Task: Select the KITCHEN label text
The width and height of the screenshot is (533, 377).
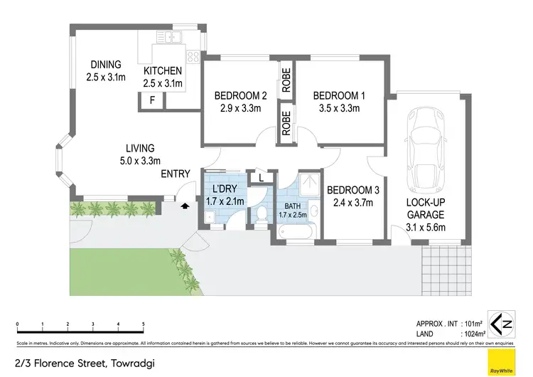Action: (x=163, y=71)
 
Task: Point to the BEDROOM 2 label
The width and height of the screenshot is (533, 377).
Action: (x=239, y=96)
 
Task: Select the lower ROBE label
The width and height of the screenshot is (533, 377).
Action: (x=286, y=125)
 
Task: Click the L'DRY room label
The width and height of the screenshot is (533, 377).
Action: (x=227, y=190)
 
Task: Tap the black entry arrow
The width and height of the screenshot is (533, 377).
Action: (x=185, y=206)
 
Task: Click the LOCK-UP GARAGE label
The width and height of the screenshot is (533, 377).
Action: (x=426, y=208)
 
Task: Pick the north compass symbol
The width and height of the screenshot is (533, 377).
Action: (x=497, y=324)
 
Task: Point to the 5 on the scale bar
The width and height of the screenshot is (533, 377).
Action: (x=143, y=324)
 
